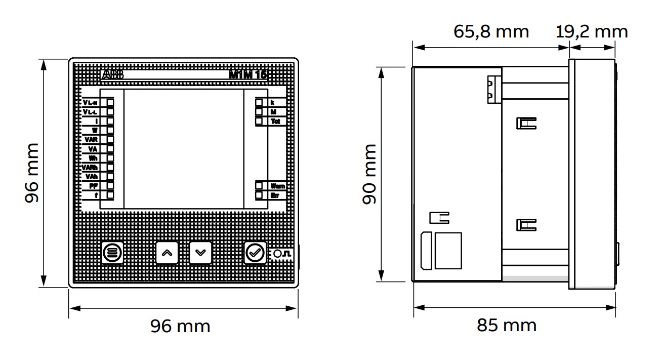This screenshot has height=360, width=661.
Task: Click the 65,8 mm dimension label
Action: click(x=491, y=31)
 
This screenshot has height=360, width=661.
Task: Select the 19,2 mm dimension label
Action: click(x=592, y=31)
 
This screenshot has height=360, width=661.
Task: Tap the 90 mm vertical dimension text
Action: click(x=370, y=174)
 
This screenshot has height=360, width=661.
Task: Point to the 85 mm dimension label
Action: click(x=506, y=325)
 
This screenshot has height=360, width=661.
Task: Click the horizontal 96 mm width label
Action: click(x=180, y=326)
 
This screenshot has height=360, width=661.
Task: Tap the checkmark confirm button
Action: click(x=255, y=252)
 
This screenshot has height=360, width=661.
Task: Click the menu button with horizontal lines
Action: click(x=112, y=252)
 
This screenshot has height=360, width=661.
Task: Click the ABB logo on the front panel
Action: click(x=112, y=75)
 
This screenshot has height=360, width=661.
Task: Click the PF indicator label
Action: click(x=93, y=186)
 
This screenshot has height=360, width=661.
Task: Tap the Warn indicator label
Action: click(x=277, y=186)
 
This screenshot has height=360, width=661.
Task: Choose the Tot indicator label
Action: click(x=275, y=122)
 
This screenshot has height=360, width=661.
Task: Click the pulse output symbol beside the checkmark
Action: click(x=281, y=253)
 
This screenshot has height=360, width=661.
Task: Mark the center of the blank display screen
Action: click(x=183, y=149)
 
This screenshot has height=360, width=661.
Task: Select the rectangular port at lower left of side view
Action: click(x=448, y=250)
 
